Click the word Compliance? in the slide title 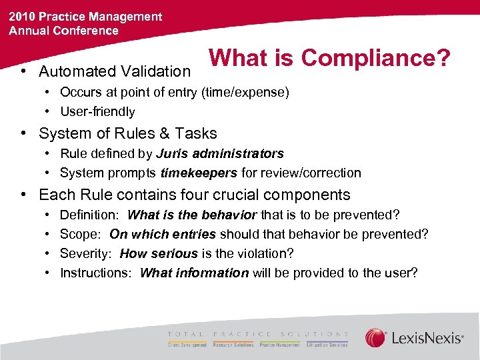pos(375,58)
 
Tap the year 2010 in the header pos(22,17)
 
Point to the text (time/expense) pos(245,93)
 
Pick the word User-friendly pos(97,112)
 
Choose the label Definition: pos(89,215)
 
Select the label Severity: pos(86,254)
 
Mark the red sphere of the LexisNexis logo pos(376,338)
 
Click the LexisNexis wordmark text pos(427,339)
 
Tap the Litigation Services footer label pos(327,345)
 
